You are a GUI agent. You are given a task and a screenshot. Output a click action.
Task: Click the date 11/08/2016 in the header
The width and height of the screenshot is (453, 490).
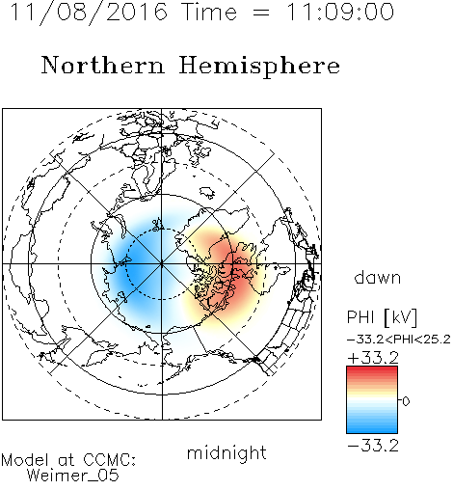[89, 13]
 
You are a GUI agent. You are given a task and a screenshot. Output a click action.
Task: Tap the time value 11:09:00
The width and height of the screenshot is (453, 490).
[340, 13]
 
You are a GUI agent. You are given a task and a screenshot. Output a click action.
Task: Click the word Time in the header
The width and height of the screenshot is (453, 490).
[209, 13]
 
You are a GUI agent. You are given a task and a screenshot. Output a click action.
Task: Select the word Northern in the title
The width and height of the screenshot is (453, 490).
[103, 65]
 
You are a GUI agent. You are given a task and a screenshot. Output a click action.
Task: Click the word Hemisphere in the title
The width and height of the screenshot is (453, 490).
[259, 67]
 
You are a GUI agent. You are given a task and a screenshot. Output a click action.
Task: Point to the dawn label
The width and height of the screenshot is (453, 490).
[378, 277]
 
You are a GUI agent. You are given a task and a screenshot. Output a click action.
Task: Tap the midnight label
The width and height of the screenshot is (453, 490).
[226, 453]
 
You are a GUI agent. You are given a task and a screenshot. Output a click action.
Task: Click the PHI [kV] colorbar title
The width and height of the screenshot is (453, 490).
[382, 317]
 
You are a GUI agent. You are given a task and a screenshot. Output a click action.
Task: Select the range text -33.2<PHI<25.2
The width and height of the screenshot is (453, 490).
[399, 340]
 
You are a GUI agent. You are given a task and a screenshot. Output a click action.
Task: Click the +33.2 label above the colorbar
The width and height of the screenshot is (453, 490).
[373, 358]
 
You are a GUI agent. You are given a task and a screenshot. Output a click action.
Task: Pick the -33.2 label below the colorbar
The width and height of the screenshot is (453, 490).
[373, 446]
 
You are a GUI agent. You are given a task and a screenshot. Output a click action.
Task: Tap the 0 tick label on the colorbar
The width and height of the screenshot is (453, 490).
[406, 401]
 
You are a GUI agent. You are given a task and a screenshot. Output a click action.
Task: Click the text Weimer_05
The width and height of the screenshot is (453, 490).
[72, 476]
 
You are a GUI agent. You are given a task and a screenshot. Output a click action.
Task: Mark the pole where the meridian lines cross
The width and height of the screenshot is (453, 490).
[162, 263]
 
